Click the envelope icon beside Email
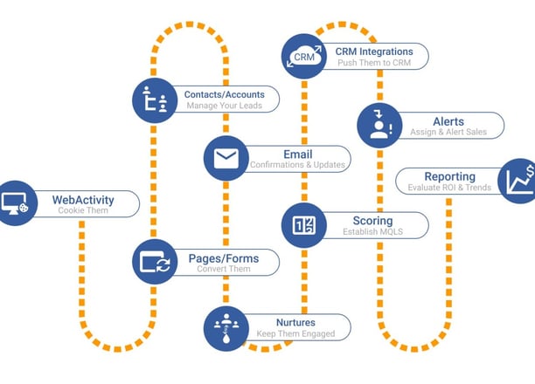(x=226, y=159)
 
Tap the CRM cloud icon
(x=304, y=56)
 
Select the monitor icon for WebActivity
(x=15, y=203)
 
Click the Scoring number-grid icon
(x=304, y=225)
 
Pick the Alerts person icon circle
(x=379, y=126)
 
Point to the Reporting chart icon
(x=520, y=181)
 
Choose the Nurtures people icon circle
(x=226, y=328)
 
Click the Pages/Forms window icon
(x=155, y=262)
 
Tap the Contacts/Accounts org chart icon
(x=155, y=99)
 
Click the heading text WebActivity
(x=83, y=200)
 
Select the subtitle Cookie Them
(x=83, y=210)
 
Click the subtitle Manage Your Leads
(x=224, y=106)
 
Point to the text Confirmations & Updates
(x=297, y=165)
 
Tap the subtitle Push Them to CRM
(x=374, y=63)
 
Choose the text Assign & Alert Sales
(x=448, y=132)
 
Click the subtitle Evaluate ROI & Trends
(x=449, y=188)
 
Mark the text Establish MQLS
(x=372, y=231)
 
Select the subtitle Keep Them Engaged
(x=295, y=333)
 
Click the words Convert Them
(x=224, y=269)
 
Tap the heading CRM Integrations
(x=374, y=51)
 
